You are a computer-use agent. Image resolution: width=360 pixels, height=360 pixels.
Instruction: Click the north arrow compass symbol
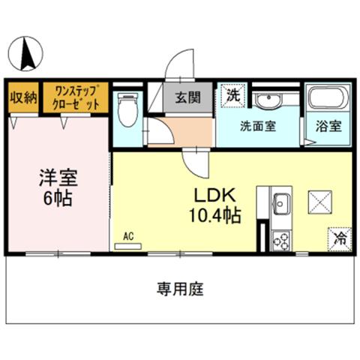(x=25, y=53)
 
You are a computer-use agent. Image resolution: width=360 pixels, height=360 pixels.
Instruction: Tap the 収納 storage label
(x=23, y=98)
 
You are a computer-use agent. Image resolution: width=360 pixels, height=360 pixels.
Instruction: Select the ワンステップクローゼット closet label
(x=76, y=97)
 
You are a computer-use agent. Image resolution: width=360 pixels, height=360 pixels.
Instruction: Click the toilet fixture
(x=127, y=109)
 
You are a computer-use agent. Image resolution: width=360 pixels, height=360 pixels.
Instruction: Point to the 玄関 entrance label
(x=188, y=97)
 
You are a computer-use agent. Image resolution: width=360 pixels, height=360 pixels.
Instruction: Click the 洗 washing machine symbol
(x=233, y=95)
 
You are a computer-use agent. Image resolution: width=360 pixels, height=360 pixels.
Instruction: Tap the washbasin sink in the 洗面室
(x=268, y=99)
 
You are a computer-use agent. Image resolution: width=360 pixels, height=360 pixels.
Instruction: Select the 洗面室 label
(x=258, y=126)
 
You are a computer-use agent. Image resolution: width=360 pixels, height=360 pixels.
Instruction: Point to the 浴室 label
(x=328, y=126)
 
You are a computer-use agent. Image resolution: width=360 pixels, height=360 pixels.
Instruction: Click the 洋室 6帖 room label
(x=58, y=187)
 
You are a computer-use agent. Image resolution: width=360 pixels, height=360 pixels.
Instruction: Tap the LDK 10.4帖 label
(x=215, y=205)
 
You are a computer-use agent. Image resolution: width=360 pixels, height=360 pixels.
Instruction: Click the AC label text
(x=128, y=236)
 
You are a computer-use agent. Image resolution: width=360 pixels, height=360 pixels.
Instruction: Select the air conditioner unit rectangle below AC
(x=128, y=247)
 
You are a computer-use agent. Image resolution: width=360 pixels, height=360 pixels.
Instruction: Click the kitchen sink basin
(x=281, y=204)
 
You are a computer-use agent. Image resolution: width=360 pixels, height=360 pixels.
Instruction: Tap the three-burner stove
(x=281, y=241)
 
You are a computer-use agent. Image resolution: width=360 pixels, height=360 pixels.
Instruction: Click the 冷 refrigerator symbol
(x=340, y=239)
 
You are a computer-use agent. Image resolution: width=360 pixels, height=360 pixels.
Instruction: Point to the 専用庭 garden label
(x=180, y=289)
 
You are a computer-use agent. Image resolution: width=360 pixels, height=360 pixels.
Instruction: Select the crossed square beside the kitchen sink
(x=320, y=202)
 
